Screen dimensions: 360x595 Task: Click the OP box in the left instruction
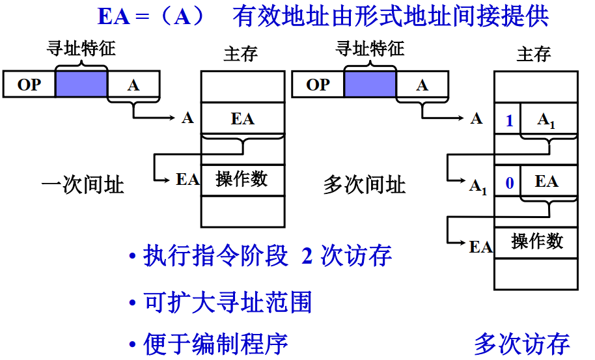point(29,85)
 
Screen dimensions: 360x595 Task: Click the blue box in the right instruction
point(370,85)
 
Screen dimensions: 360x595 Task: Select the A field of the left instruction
point(133,85)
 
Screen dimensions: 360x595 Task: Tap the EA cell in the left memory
point(243,118)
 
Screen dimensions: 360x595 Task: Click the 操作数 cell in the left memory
point(243,180)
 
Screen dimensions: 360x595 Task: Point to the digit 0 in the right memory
point(508,182)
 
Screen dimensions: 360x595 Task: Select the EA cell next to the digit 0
point(547,182)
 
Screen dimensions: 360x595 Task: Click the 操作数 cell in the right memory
point(536,242)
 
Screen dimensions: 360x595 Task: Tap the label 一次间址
point(82,186)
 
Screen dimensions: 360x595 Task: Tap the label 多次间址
point(364,186)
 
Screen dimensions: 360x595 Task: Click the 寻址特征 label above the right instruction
point(369,48)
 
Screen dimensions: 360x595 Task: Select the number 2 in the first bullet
point(307,256)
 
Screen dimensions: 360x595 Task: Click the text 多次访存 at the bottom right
point(521,344)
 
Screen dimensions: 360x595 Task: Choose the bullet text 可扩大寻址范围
point(227,301)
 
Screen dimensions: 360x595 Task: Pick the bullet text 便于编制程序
point(215,344)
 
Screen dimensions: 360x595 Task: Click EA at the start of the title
point(114,17)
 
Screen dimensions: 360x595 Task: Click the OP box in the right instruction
point(318,85)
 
